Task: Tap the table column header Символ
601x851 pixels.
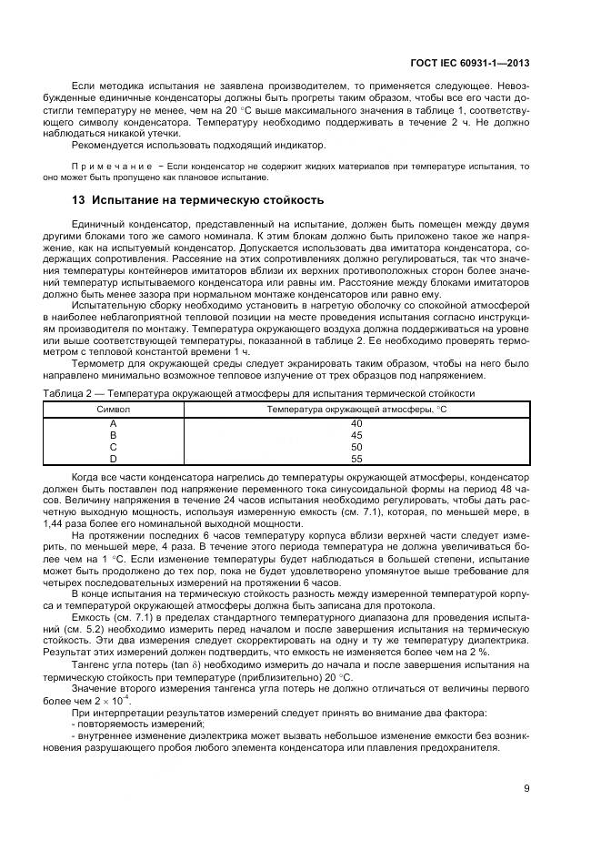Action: pos(113,410)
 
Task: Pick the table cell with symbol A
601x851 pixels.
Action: pos(113,423)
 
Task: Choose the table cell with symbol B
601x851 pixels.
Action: pos(113,435)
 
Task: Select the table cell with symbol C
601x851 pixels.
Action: pos(113,447)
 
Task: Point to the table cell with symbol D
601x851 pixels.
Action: pos(113,459)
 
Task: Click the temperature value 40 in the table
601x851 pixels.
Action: pos(356,423)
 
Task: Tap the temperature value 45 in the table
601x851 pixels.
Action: pos(356,435)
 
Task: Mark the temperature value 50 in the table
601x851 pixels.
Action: pos(356,447)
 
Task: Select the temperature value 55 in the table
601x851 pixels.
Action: pos(356,459)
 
